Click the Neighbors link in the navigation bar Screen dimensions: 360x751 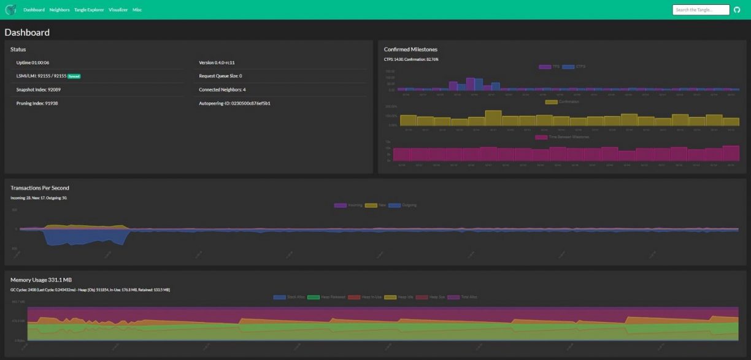60,10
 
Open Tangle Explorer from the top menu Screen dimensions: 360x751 89,10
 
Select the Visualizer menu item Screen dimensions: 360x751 118,10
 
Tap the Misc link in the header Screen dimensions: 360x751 137,10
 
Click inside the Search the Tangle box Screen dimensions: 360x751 701,10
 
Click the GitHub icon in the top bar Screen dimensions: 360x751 738,10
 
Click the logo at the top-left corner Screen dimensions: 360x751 10,10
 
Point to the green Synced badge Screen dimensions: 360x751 74,76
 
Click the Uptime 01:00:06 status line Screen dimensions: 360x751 33,63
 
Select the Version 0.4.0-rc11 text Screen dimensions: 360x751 218,63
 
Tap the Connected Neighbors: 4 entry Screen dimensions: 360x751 222,90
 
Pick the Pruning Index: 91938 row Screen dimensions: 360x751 37,103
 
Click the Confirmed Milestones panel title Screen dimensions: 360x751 410,49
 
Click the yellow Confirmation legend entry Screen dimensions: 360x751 562,102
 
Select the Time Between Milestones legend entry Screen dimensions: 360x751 562,137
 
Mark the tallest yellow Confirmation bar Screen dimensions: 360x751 493,118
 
